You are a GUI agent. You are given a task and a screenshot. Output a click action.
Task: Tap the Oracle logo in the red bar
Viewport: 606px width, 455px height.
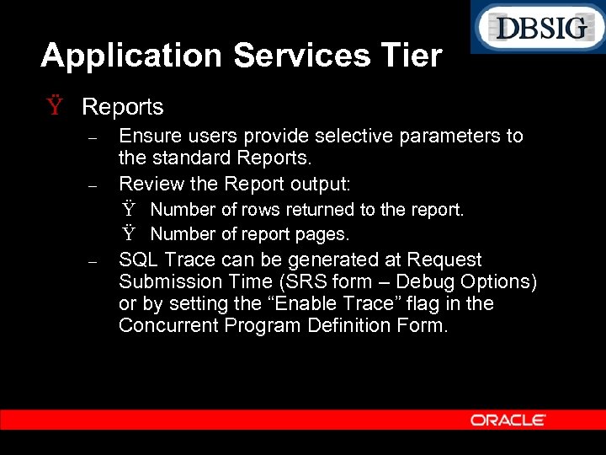[508, 420]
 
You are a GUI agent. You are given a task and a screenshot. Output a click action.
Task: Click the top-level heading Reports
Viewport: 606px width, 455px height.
[123, 107]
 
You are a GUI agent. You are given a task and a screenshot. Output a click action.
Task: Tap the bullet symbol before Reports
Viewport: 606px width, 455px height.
[55, 107]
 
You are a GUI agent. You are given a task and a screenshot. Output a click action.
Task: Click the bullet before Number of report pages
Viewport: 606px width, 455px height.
[128, 233]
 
